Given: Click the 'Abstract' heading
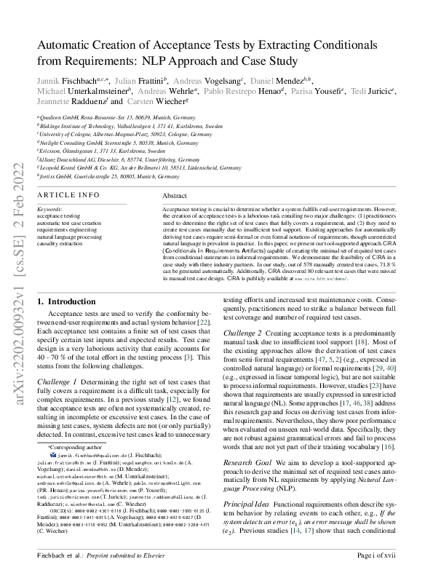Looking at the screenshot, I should click(x=174, y=197).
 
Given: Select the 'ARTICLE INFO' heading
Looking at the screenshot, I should click(x=68, y=196).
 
